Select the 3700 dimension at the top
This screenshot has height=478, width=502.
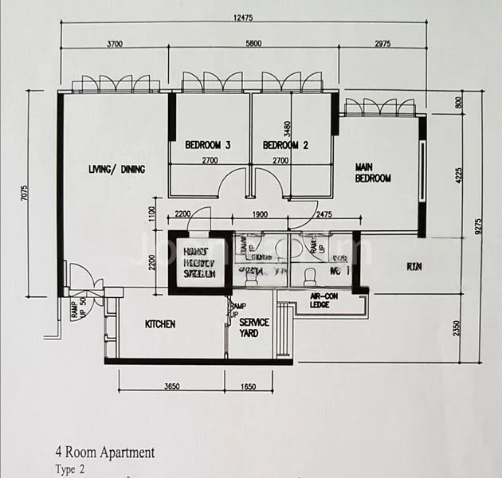click(114, 44)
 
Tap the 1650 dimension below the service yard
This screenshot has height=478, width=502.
click(247, 386)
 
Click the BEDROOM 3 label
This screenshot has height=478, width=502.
click(208, 145)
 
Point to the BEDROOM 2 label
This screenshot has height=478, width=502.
click(285, 145)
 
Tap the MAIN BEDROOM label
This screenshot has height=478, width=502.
click(373, 173)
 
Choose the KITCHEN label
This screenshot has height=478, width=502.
click(160, 324)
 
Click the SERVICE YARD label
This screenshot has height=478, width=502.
click(254, 327)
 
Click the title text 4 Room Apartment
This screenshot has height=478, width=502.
click(104, 453)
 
